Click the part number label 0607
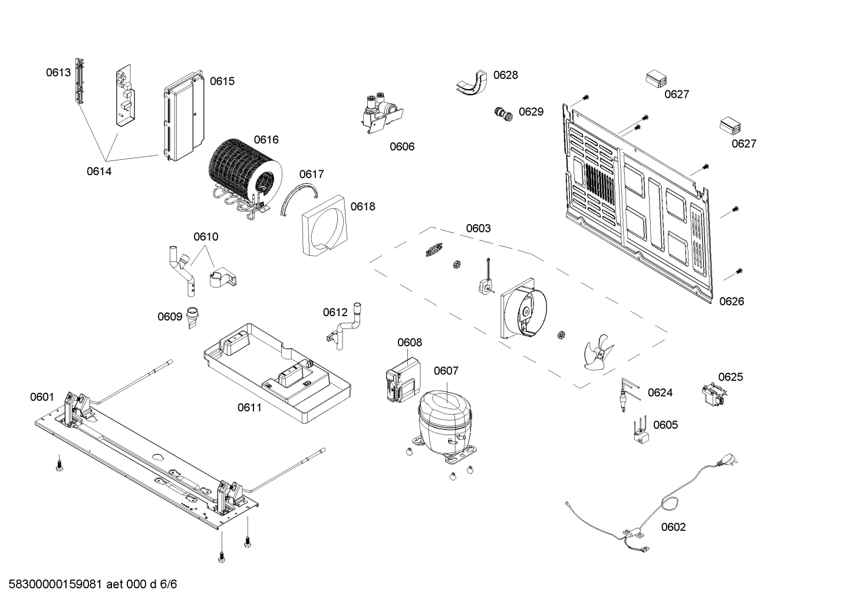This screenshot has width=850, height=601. (446, 371)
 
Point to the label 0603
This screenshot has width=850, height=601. (478, 228)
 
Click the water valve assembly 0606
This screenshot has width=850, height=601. (380, 112)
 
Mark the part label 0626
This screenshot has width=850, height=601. (732, 301)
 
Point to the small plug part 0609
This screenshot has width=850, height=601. (193, 317)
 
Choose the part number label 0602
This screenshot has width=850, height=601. (673, 527)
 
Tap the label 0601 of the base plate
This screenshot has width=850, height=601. (42, 398)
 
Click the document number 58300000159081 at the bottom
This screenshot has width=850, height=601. (56, 584)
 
